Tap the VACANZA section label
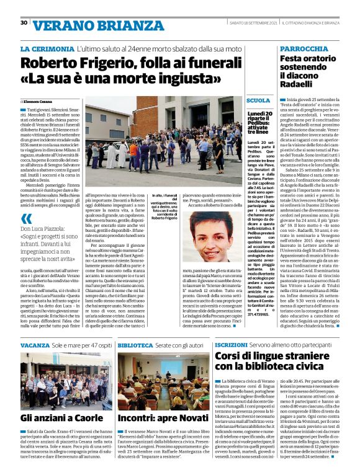35,344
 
